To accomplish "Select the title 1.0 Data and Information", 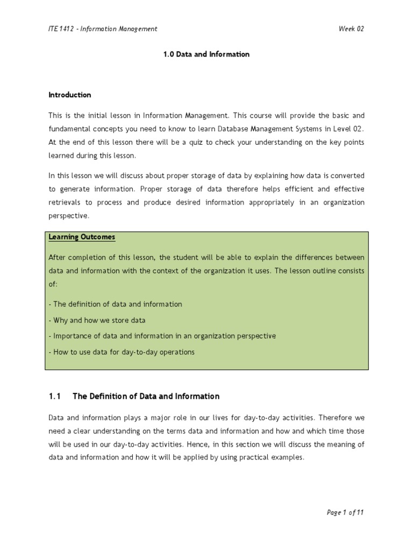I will pos(206,54).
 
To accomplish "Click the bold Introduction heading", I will pos(70,95).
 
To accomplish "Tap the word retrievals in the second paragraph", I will pos(66,202).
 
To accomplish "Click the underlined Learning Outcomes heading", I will pos(82,237).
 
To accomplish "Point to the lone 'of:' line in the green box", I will pos(53,283).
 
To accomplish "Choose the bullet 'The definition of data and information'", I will pos(116,304).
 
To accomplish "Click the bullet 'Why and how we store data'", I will pos(97,320).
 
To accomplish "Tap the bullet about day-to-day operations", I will pos(122,352).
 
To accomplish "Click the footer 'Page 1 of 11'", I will pos(345,512).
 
